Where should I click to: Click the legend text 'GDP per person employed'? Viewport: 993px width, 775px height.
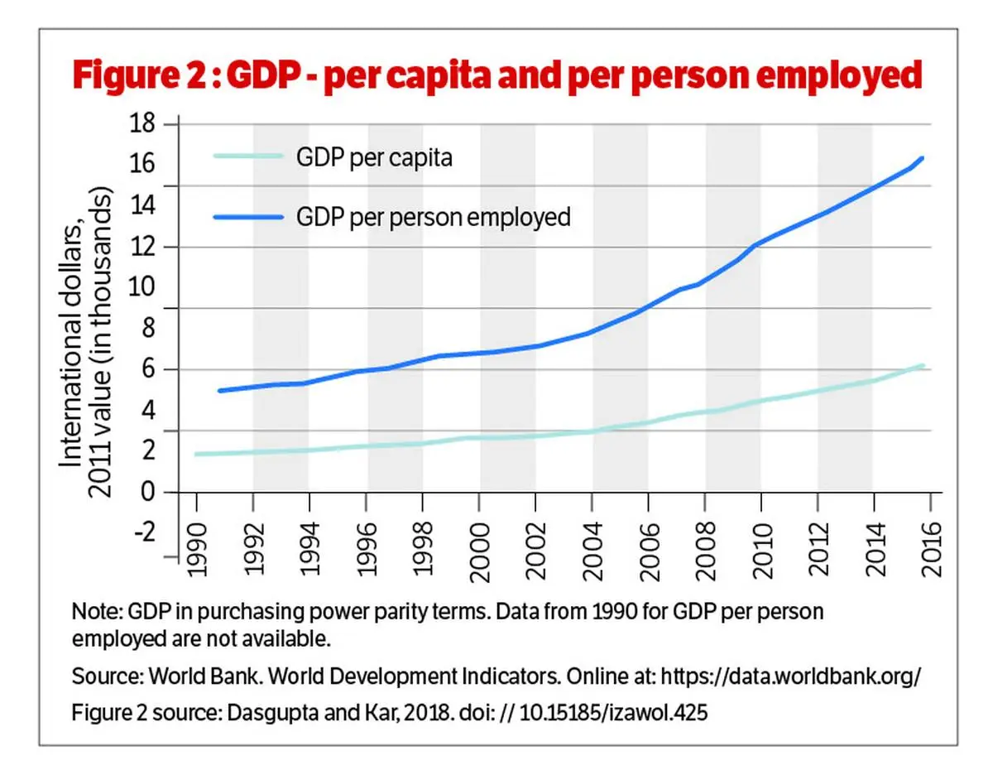click(x=434, y=217)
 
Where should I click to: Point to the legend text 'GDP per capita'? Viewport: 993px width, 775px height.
click(x=374, y=156)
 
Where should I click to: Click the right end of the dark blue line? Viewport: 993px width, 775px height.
click(x=922, y=158)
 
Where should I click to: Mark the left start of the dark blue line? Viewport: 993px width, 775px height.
click(x=219, y=391)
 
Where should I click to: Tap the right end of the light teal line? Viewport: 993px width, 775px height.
click(x=922, y=365)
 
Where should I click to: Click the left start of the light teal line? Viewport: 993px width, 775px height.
click(x=196, y=454)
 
